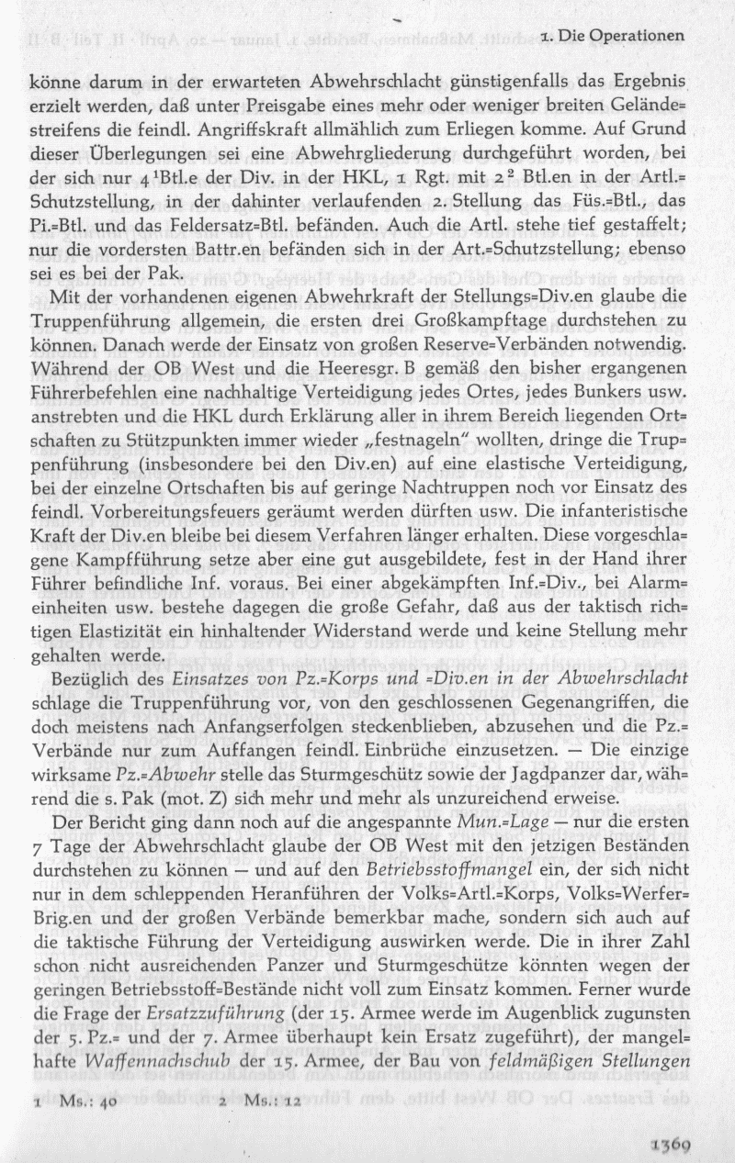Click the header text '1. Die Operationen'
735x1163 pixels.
(614, 36)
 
